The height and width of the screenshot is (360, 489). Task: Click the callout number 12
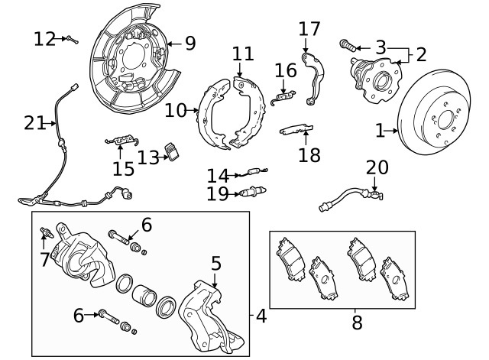point(44,38)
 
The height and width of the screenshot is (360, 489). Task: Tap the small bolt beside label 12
point(71,38)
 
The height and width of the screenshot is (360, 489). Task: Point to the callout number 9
point(189,43)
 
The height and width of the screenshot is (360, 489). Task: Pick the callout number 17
point(309,30)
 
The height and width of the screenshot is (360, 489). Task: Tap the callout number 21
point(34,122)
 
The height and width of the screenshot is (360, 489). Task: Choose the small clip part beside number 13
point(174,152)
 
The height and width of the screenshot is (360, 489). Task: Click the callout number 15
point(123,167)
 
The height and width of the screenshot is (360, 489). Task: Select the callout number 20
point(377,167)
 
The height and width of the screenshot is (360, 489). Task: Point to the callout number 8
point(357,323)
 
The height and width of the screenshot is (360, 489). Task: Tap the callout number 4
point(261,315)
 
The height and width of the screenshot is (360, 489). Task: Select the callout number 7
point(44,260)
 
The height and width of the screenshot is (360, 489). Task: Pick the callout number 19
point(217,194)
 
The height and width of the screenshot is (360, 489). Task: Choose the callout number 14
point(218,176)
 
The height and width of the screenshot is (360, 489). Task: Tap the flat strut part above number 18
point(296,128)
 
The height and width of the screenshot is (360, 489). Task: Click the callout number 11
point(243,54)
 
